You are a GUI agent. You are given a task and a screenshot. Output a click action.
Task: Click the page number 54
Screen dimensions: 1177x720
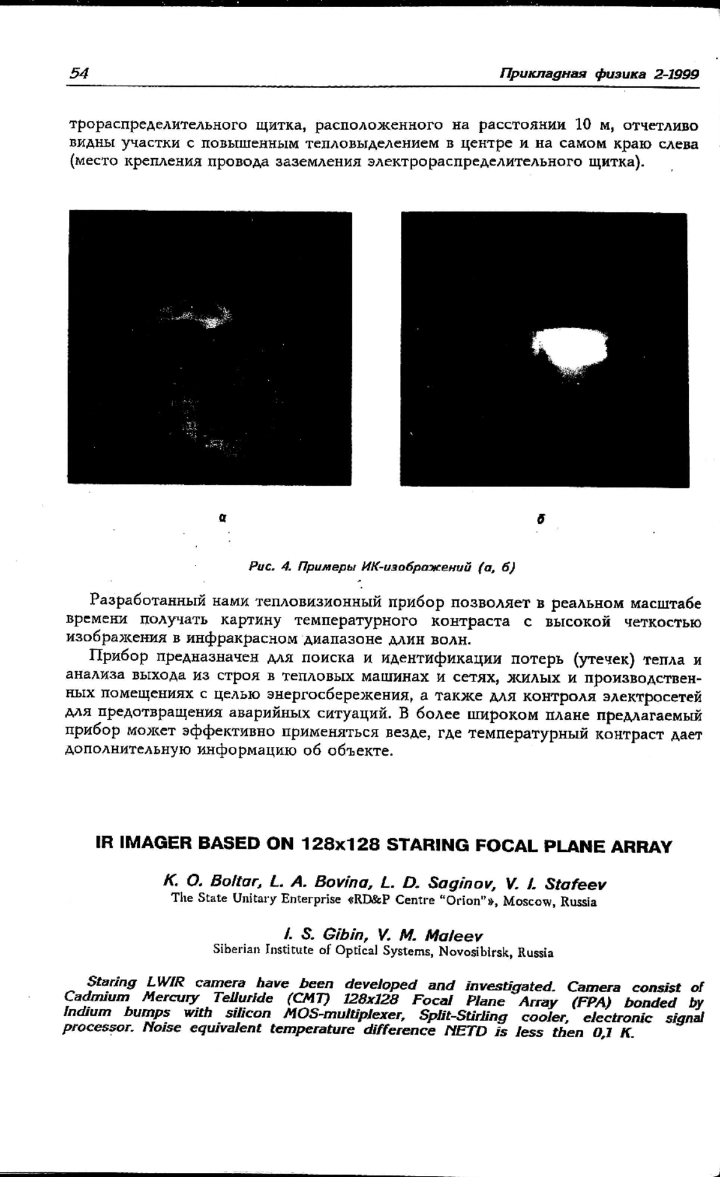tap(79, 73)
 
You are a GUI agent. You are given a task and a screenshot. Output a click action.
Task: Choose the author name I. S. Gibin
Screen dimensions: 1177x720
tap(317, 934)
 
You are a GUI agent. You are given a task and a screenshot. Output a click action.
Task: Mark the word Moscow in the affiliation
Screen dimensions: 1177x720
tap(529, 901)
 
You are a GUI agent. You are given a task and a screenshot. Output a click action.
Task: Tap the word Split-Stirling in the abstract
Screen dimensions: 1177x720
tap(463, 1016)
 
